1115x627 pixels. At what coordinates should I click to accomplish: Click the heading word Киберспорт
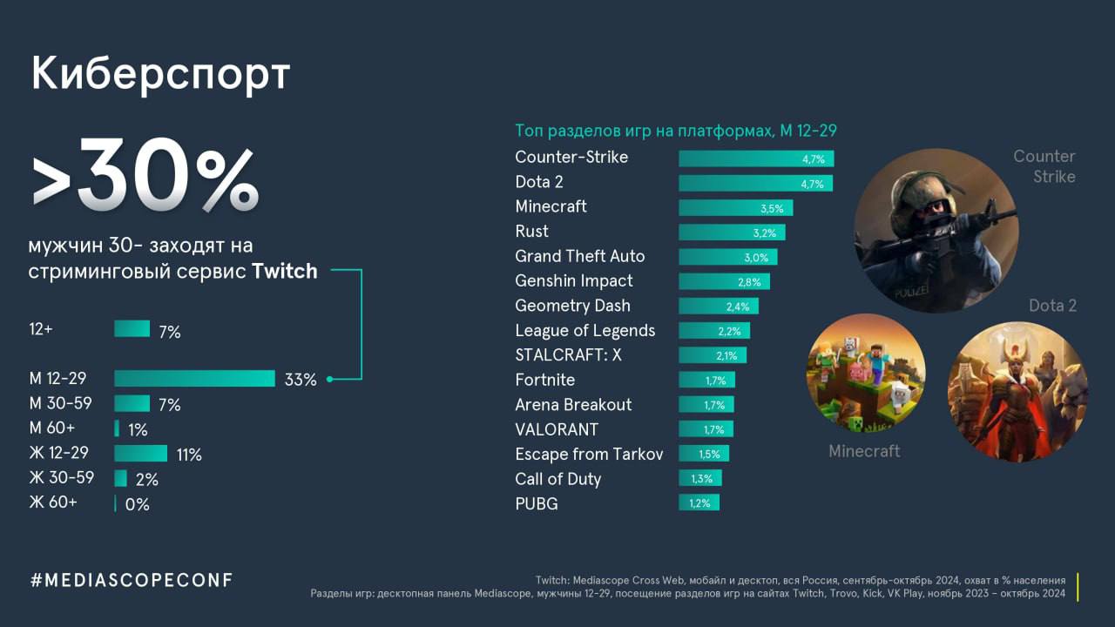click(x=159, y=75)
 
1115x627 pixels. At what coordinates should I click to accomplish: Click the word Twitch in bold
click(x=284, y=271)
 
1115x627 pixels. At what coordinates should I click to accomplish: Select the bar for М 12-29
click(x=194, y=379)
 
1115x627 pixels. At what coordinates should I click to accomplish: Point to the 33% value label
click(x=300, y=380)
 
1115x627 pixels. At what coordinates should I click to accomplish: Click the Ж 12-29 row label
click(x=58, y=453)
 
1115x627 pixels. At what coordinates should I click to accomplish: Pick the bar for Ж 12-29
click(x=140, y=454)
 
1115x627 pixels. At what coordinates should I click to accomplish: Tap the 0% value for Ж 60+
click(x=137, y=504)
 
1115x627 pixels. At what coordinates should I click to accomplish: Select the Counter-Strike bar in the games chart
click(x=755, y=158)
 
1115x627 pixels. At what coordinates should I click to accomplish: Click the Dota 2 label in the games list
click(x=539, y=182)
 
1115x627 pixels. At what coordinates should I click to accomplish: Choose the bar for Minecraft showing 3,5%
click(x=735, y=208)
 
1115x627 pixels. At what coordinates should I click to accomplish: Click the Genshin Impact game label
click(x=573, y=280)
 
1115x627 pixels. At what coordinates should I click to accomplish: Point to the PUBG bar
click(x=699, y=502)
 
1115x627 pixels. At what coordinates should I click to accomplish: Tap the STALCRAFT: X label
click(x=568, y=354)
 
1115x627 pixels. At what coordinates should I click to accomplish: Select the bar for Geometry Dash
click(x=719, y=307)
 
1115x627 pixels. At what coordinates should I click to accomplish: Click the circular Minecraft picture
click(x=866, y=373)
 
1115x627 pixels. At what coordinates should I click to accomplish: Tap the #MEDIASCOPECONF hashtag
click(x=132, y=580)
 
